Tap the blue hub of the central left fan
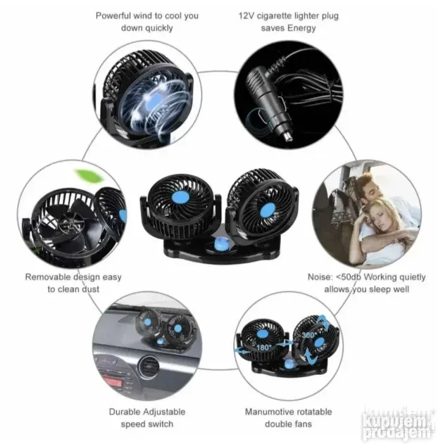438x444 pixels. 180,197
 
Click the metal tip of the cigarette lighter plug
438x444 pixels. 287,137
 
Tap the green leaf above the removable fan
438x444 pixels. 89,175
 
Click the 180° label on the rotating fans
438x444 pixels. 263,347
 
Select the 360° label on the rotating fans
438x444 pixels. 308,335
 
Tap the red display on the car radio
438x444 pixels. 112,383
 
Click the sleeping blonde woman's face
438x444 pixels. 379,216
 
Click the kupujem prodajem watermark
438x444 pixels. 399,425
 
